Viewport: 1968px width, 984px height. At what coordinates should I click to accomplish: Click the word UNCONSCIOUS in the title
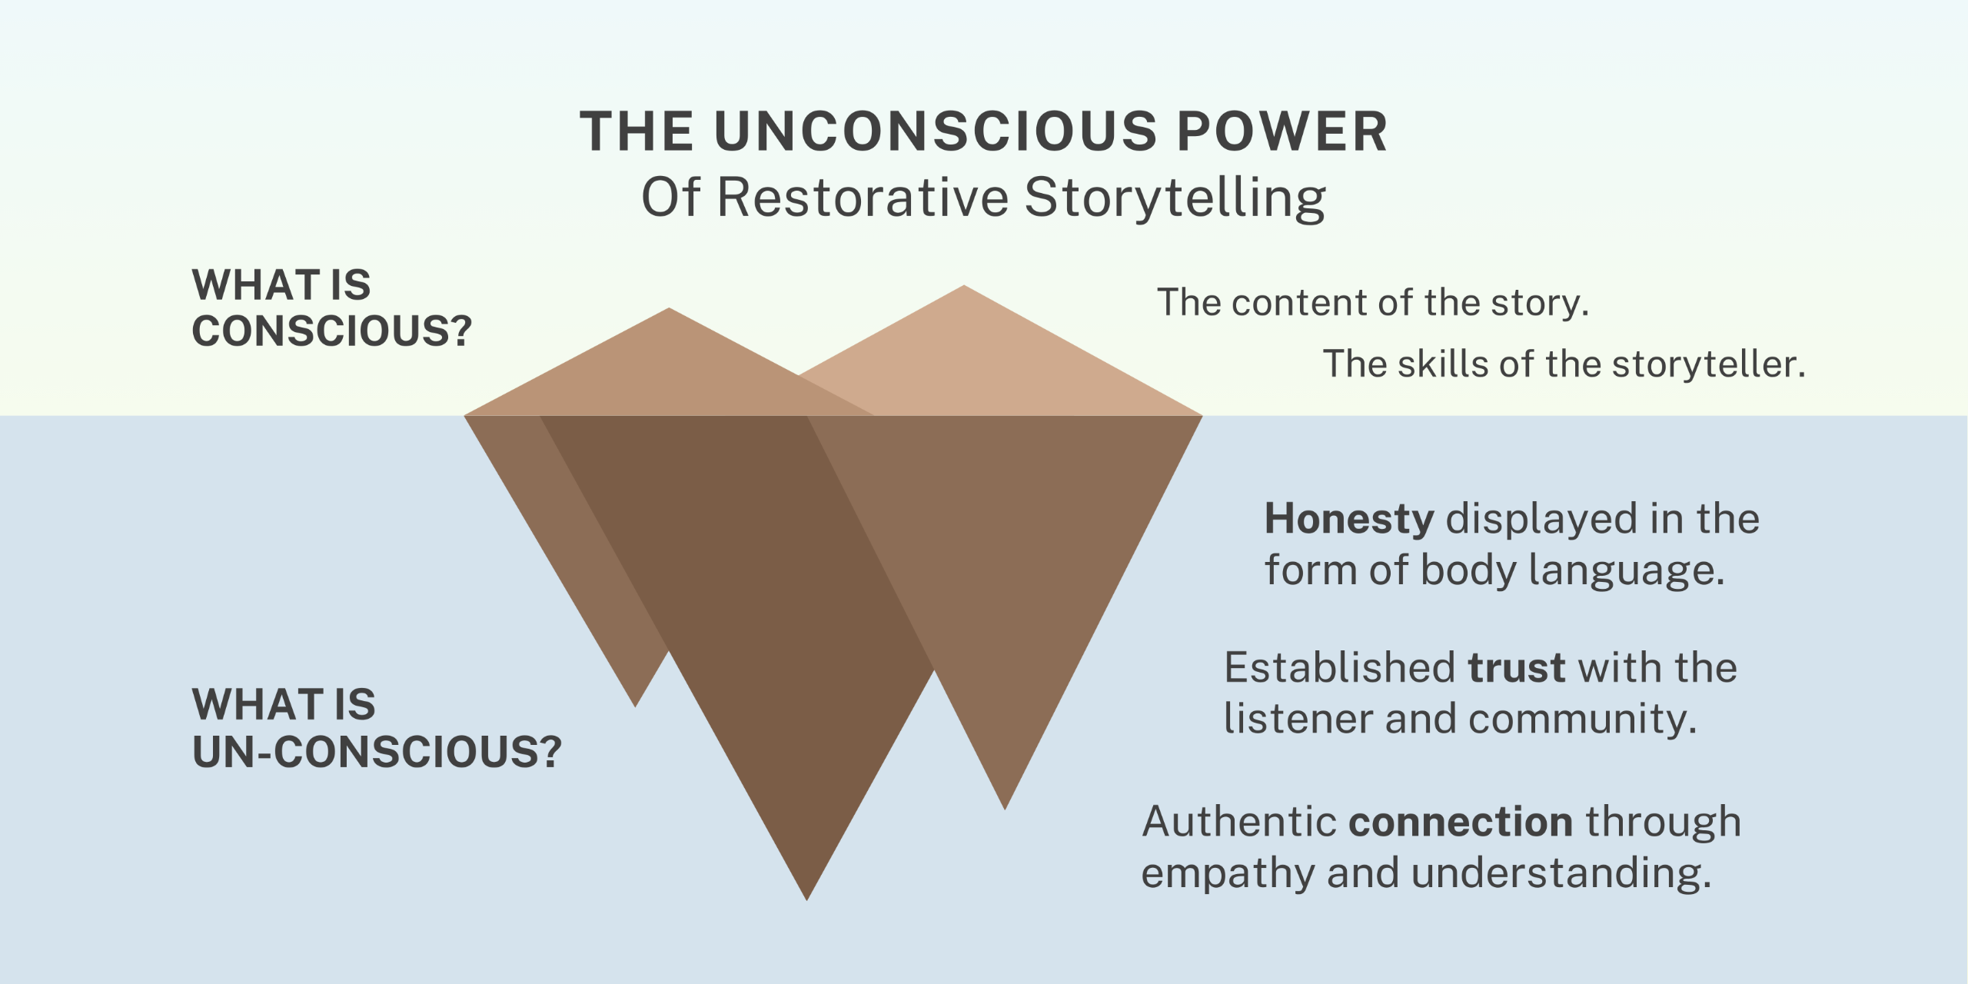[x=936, y=131]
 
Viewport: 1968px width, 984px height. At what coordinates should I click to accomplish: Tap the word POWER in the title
[x=1282, y=131]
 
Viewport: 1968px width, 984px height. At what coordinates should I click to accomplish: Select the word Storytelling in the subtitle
[x=1175, y=198]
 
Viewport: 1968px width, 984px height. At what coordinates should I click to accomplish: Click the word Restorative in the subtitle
[x=862, y=197]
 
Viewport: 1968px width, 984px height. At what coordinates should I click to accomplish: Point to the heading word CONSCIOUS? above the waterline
[x=331, y=331]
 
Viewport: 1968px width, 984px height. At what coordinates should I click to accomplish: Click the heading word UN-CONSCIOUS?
[x=377, y=752]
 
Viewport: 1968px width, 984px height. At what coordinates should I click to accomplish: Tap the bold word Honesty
[x=1349, y=519]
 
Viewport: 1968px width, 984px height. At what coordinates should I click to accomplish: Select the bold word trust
[x=1516, y=667]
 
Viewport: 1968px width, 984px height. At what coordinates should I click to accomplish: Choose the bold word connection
[x=1461, y=822]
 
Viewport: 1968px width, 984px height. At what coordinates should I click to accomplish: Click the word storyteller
[x=1708, y=364]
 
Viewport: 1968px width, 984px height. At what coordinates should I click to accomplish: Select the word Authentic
[x=1239, y=822]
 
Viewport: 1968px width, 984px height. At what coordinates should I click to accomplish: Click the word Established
[x=1339, y=667]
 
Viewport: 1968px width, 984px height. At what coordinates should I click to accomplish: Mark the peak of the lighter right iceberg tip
[x=963, y=287]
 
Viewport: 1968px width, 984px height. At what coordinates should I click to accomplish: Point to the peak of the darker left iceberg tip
[x=669, y=310]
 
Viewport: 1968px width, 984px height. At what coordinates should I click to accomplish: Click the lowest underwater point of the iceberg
[x=806, y=898]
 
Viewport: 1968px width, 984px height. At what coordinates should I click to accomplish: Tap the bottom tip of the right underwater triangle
[x=1005, y=807]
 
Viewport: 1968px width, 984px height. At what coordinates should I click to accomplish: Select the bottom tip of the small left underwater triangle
[x=635, y=705]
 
